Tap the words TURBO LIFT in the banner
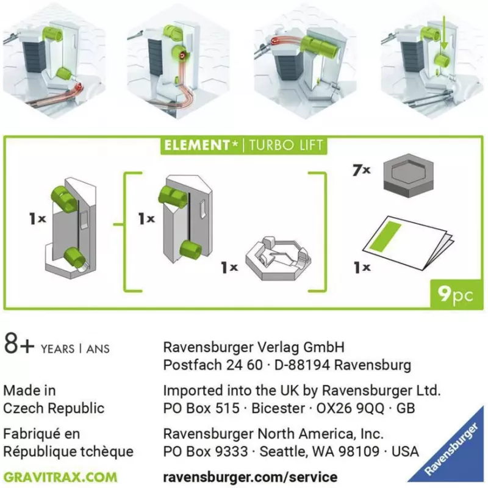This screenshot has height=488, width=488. point(286,145)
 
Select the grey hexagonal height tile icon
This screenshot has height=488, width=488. point(409,176)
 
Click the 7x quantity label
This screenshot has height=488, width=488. point(362,170)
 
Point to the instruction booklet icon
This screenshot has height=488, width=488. point(408,242)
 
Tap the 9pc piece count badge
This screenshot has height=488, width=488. point(456,294)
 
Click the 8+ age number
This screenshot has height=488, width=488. point(19,343)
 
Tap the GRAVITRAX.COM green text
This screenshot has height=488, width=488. point(60,478)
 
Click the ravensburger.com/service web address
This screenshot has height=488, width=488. point(250,477)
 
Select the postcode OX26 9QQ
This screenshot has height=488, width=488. point(350,408)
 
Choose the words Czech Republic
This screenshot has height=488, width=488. point(54,408)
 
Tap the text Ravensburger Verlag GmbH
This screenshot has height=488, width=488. point(254,347)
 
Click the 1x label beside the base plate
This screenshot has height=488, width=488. point(229,267)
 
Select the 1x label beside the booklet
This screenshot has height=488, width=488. point(362,267)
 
